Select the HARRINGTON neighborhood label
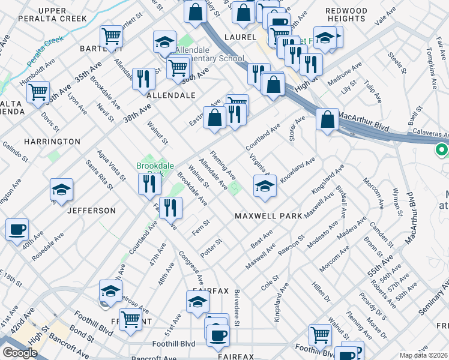click(52, 142)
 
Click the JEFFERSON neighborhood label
click(91, 211)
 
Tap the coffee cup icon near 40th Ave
click(17, 229)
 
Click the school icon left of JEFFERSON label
click(61, 190)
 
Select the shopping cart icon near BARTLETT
click(112, 37)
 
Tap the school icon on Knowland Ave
click(264, 186)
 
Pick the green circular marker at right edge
click(442, 149)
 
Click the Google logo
click(19, 352)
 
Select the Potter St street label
click(211, 247)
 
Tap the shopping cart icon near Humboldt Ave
click(38, 92)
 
